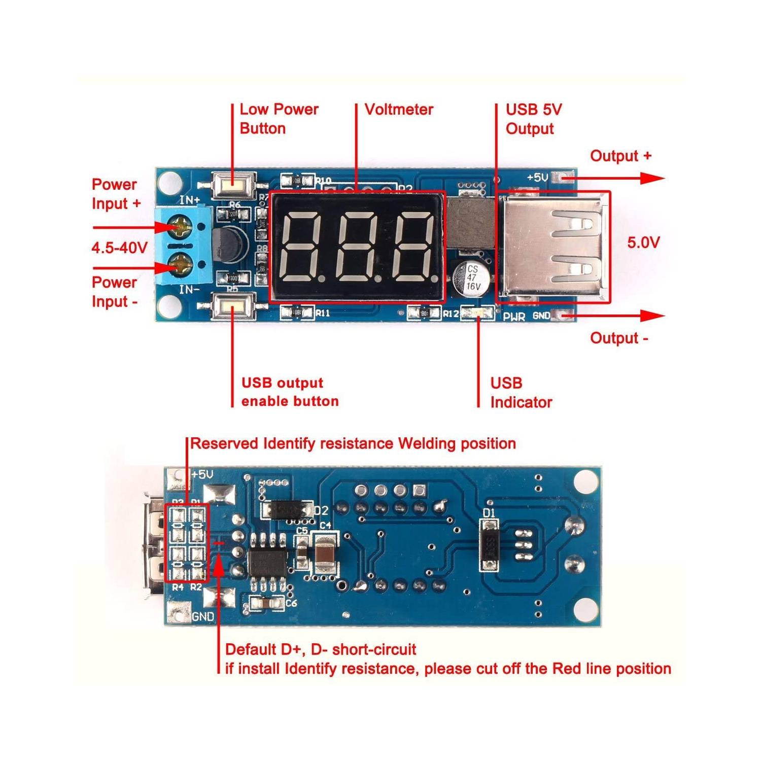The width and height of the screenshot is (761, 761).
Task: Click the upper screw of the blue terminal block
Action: (180, 226)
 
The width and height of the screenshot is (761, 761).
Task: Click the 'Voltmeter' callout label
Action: (399, 110)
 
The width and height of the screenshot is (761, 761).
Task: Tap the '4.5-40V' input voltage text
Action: (119, 248)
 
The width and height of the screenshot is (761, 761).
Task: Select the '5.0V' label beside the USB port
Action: (643, 243)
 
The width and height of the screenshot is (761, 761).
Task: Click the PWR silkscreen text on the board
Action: (513, 317)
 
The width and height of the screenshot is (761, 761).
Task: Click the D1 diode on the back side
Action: (490, 545)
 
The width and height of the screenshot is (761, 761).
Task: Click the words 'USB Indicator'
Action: (521, 393)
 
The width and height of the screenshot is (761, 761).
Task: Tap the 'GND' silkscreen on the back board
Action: (203, 617)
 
